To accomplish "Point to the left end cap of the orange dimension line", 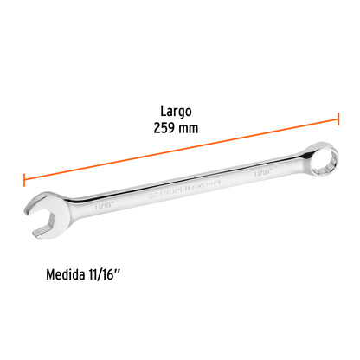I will pos(24,179).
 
